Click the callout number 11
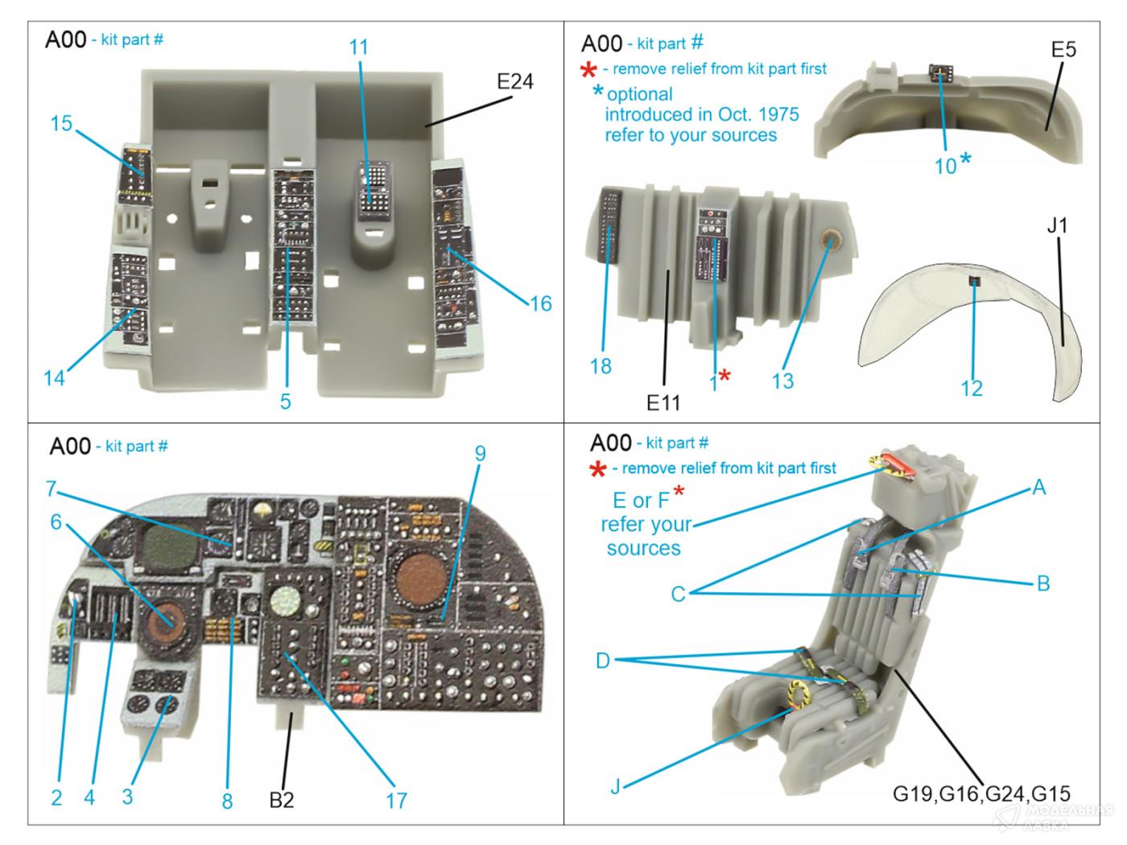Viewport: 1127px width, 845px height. click(x=359, y=47)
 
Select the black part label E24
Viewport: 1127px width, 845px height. click(x=514, y=82)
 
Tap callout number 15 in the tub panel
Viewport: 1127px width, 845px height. click(x=61, y=124)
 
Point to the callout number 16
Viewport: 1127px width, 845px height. click(x=541, y=303)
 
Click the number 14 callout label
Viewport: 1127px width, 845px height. click(x=54, y=377)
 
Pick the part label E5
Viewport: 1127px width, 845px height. click(x=1063, y=50)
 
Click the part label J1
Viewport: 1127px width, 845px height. click(x=1057, y=226)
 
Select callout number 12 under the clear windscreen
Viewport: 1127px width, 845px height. click(x=972, y=389)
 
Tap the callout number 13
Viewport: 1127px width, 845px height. click(x=782, y=381)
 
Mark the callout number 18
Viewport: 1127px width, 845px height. click(x=601, y=367)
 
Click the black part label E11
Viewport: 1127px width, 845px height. click(x=663, y=403)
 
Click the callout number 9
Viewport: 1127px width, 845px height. click(x=480, y=454)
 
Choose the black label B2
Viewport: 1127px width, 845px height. click(x=281, y=800)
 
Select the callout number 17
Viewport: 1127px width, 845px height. click(x=396, y=801)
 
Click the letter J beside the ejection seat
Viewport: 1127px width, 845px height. click(x=615, y=786)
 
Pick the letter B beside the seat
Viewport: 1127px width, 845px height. click(x=1043, y=583)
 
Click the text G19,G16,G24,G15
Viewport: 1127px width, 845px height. click(x=981, y=793)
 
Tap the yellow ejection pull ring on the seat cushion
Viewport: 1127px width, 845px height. click(x=799, y=692)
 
